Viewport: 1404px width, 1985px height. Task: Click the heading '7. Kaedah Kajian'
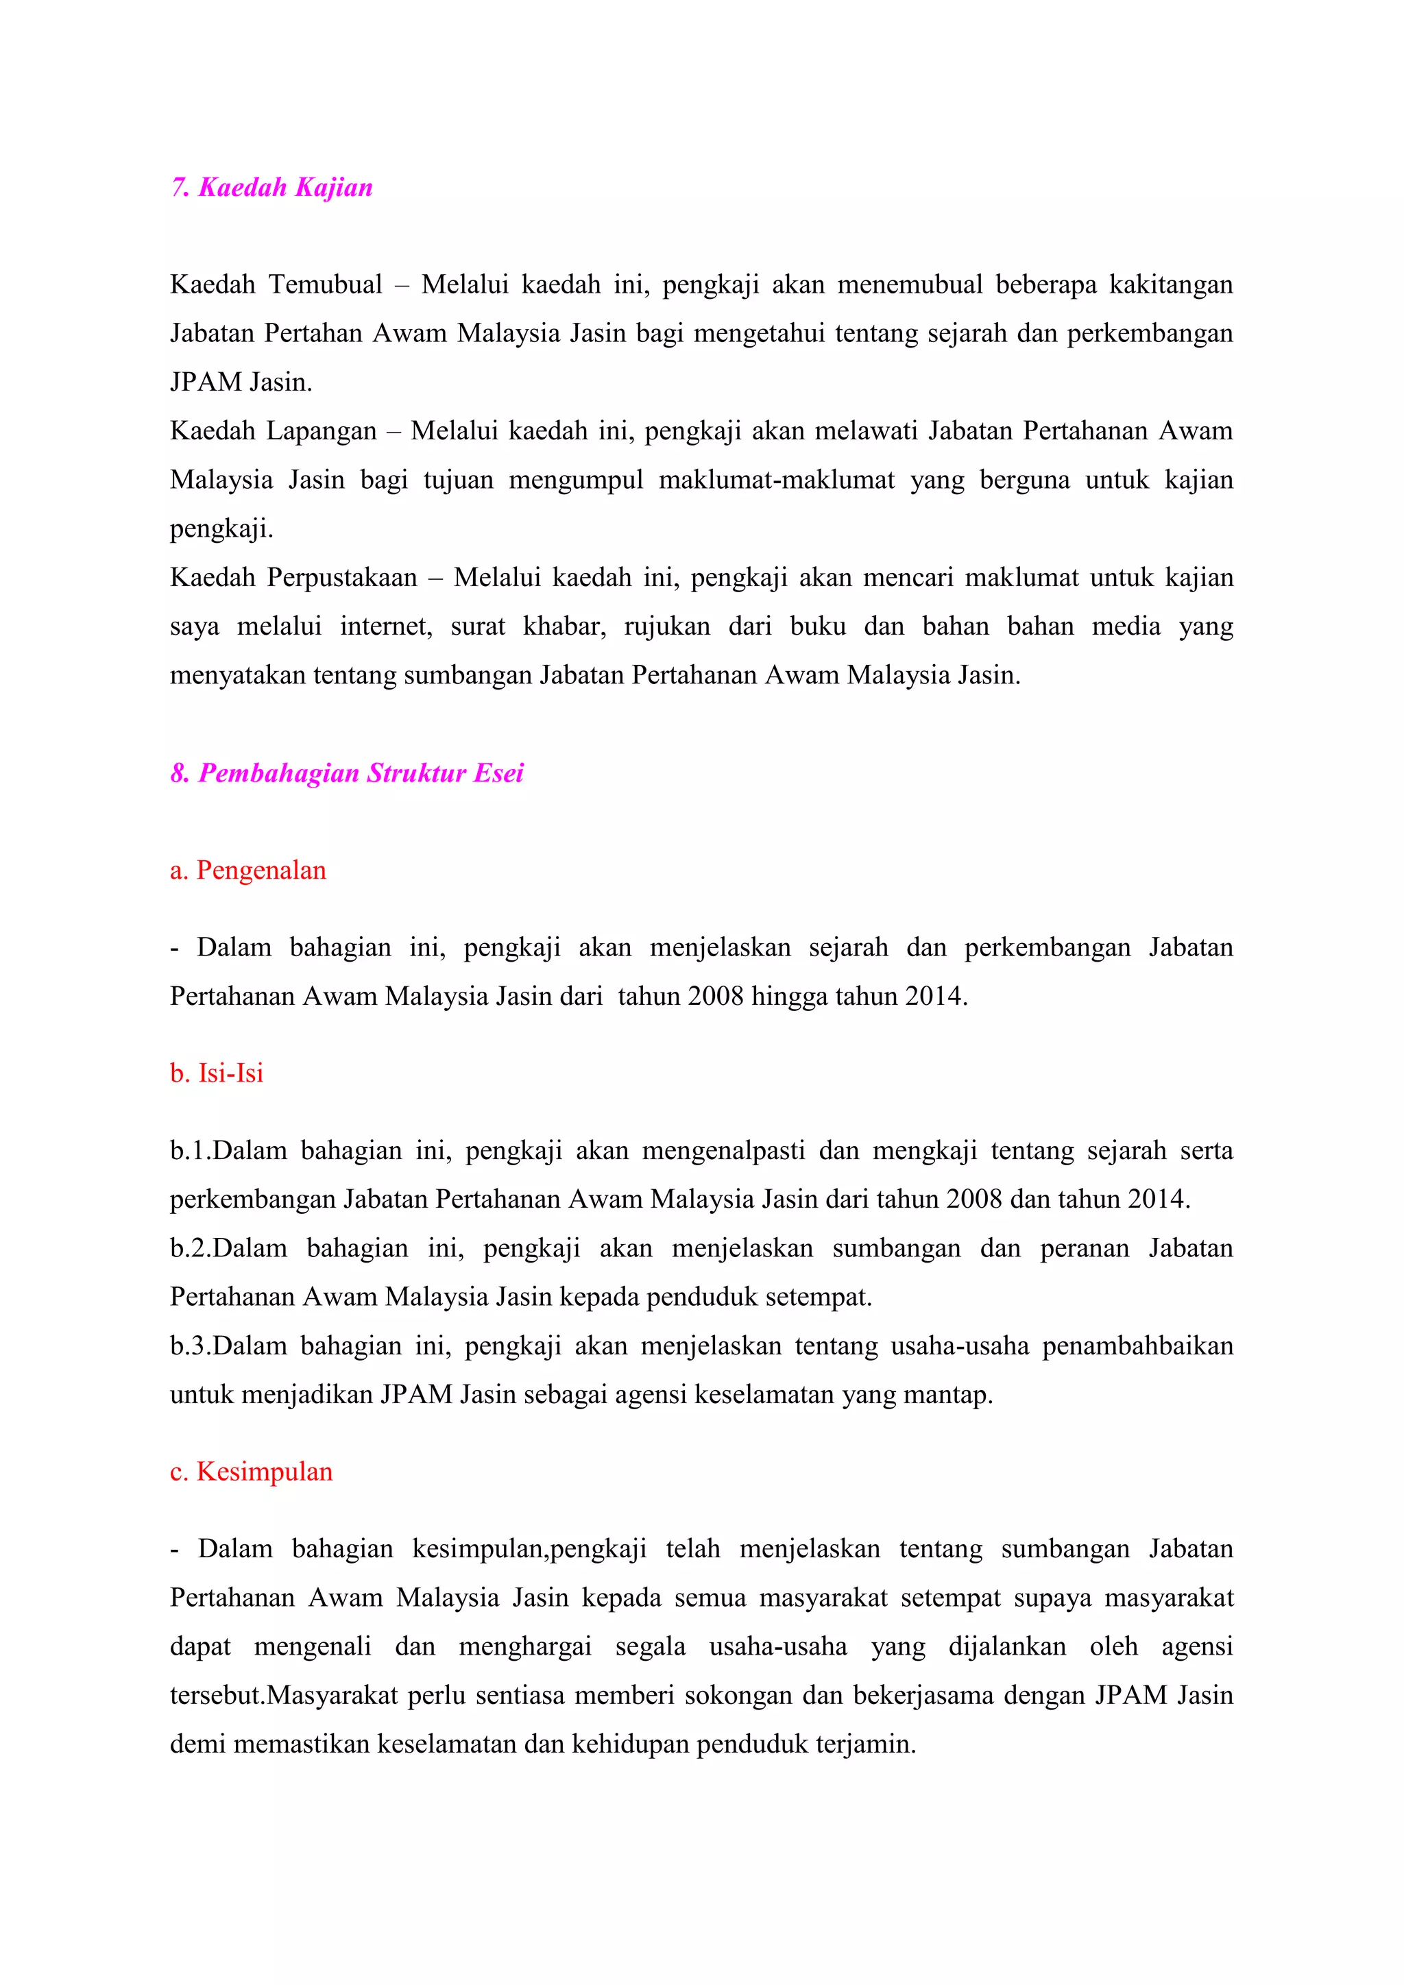(271, 188)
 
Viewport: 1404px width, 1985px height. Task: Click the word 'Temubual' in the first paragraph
(325, 284)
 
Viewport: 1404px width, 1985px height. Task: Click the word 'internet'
(385, 626)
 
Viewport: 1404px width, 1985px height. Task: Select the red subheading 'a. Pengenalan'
(248, 870)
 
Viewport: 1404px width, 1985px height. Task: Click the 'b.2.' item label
(190, 1248)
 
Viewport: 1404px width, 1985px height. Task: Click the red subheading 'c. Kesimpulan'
(252, 1472)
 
